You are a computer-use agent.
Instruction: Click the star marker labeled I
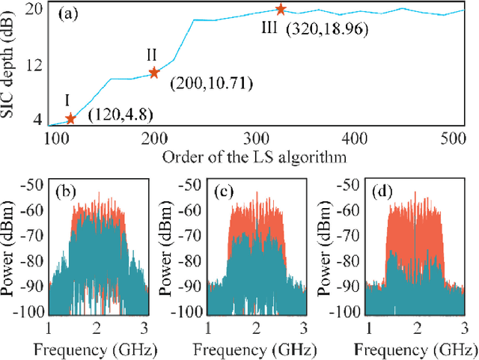[71, 118]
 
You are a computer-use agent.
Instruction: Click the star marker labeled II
[154, 73]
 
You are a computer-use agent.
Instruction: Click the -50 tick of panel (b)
[32, 184]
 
